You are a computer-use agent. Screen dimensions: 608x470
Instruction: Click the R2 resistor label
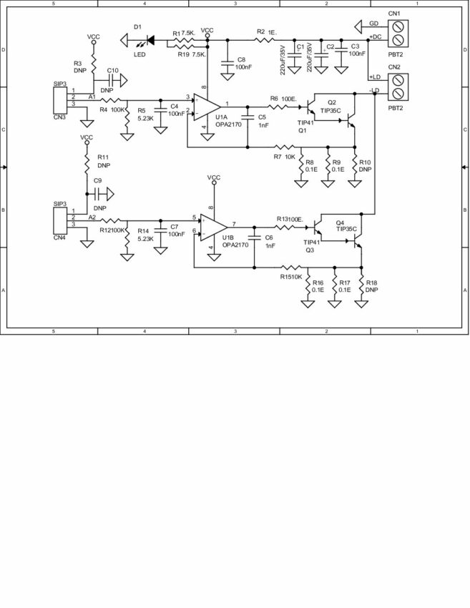click(x=260, y=32)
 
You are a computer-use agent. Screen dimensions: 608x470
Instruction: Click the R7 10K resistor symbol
click(x=279, y=148)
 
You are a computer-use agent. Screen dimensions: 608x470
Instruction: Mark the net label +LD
click(x=375, y=77)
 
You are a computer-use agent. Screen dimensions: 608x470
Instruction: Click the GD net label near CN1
click(x=373, y=23)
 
